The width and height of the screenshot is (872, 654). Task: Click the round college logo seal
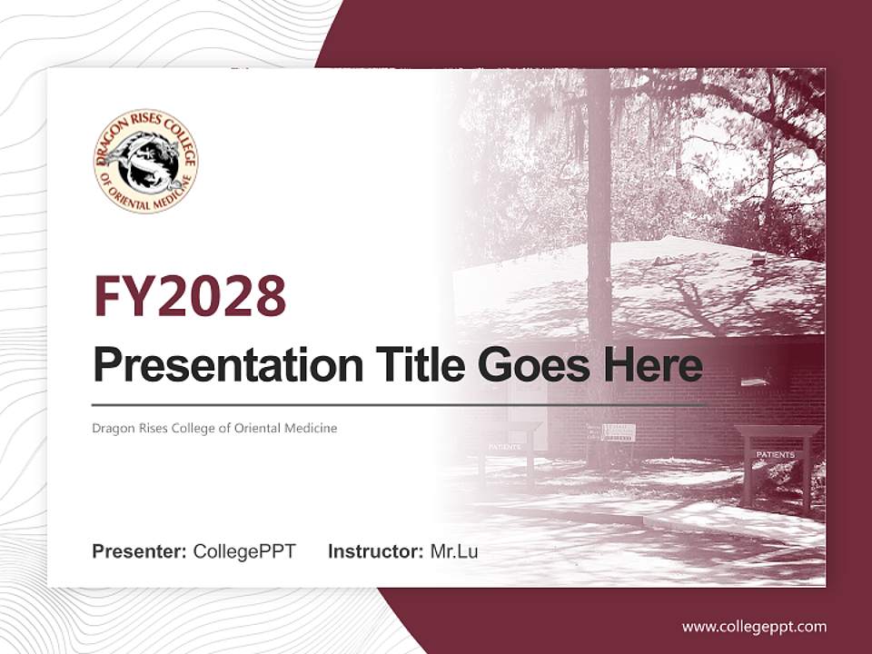[x=145, y=161]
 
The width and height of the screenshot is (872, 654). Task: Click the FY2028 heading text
[x=190, y=295]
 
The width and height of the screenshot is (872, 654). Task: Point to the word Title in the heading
[x=418, y=365]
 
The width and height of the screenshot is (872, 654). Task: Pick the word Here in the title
[x=652, y=365]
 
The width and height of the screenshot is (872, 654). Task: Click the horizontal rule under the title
[x=400, y=404]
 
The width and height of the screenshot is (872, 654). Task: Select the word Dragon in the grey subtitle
[x=110, y=428]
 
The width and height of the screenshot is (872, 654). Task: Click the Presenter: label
[x=140, y=551]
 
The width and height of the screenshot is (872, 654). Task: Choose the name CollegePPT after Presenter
[x=244, y=551]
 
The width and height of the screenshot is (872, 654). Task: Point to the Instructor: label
[x=375, y=551]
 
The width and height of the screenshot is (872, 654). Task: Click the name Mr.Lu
[x=454, y=551]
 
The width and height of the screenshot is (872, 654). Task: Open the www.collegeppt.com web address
[x=754, y=627]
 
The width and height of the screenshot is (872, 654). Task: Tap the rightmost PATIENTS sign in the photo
[x=775, y=453]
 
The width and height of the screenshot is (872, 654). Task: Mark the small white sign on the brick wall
[x=619, y=432]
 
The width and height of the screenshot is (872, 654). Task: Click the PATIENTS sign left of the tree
[x=505, y=447]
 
